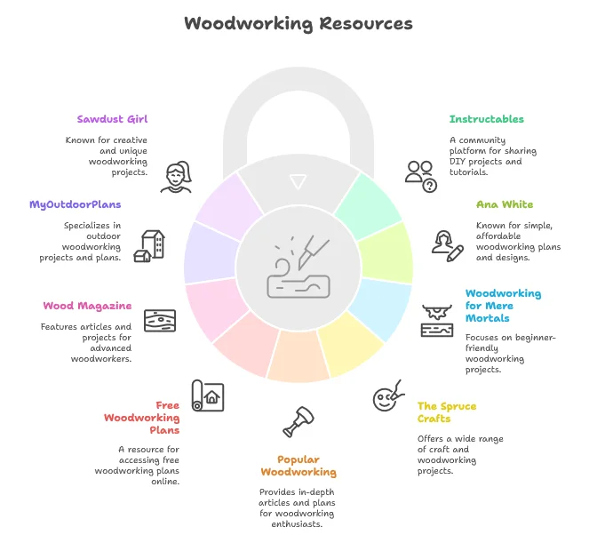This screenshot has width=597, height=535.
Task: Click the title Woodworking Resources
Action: [298, 23]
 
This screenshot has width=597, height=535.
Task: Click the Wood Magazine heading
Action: [87, 306]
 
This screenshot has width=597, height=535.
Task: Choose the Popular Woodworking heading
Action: [298, 466]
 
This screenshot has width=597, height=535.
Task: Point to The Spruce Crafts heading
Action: [446, 412]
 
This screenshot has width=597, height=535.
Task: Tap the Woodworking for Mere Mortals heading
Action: [503, 306]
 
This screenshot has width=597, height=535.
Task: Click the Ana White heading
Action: [505, 204]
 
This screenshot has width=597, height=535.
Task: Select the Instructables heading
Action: [487, 118]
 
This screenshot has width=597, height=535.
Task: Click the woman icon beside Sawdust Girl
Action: [177, 177]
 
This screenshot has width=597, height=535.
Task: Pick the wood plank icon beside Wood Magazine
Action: [160, 320]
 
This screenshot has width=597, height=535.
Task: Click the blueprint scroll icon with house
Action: [208, 395]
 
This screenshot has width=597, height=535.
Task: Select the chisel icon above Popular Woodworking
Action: [298, 422]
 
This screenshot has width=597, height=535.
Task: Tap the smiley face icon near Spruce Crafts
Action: [386, 397]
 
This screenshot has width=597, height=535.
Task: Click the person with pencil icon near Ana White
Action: [447, 244]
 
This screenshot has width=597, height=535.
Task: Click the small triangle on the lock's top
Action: [298, 181]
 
